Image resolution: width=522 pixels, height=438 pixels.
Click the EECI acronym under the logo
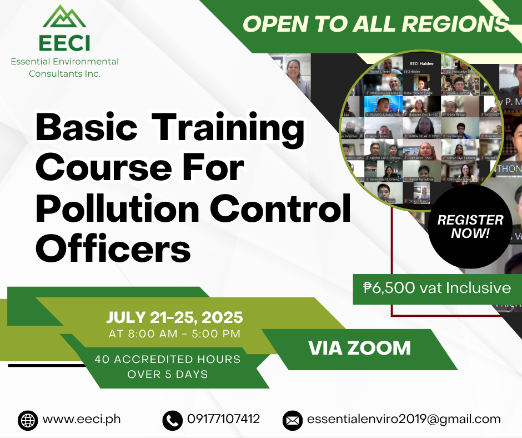click(64, 43)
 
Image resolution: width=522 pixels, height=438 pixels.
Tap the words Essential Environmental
click(65, 61)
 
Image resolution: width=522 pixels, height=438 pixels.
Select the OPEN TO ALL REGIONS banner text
click(375, 24)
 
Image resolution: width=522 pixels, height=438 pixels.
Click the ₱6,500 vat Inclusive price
click(437, 287)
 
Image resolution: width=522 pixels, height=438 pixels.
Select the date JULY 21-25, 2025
click(174, 317)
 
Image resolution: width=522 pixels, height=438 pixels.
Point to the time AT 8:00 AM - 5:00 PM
click(174, 334)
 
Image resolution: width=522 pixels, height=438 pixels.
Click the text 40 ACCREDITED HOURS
click(168, 359)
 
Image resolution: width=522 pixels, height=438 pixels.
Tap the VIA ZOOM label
click(359, 348)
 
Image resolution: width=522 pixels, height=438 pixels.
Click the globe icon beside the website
click(28, 420)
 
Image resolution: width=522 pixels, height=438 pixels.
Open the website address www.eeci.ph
click(82, 419)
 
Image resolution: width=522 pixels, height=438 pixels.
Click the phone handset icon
click(172, 420)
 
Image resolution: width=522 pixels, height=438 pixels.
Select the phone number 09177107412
click(223, 419)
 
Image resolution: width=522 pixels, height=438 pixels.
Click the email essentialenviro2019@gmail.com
click(404, 419)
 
